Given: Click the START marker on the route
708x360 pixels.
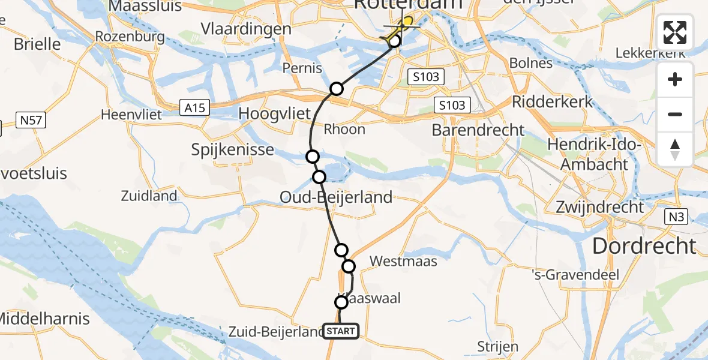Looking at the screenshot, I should click(x=341, y=331).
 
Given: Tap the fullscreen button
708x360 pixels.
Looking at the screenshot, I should click(x=675, y=32).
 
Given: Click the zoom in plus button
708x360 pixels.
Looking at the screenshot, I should click(x=675, y=79).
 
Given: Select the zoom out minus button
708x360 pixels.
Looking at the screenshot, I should click(x=675, y=114).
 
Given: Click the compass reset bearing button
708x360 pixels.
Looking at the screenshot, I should click(x=675, y=149).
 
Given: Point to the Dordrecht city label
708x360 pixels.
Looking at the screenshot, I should click(x=644, y=245).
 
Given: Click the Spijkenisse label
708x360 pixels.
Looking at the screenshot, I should click(x=232, y=150).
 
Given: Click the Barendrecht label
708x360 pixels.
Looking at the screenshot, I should click(x=478, y=130).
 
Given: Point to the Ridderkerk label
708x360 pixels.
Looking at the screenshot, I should click(x=553, y=101).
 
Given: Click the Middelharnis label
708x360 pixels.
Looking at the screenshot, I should click(x=45, y=319).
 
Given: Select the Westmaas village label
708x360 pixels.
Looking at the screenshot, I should click(x=403, y=261).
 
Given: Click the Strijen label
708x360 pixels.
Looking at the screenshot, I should click(x=497, y=347).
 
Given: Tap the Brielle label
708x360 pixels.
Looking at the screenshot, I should click(x=37, y=44).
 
